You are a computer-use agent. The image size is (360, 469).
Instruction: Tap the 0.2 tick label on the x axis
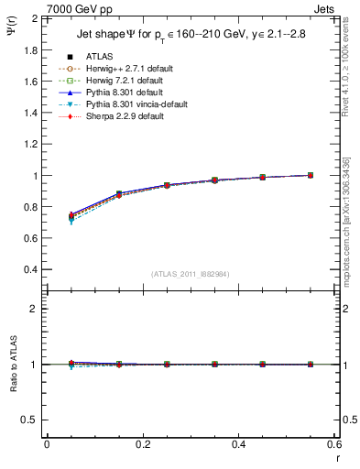pyautogui.click(x=142, y=444)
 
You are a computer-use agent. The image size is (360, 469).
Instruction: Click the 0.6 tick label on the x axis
pyautogui.click(x=334, y=444)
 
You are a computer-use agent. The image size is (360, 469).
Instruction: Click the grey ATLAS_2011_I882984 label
pyautogui.click(x=190, y=274)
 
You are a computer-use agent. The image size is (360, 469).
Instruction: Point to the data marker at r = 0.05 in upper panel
pyautogui.click(x=71, y=216)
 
